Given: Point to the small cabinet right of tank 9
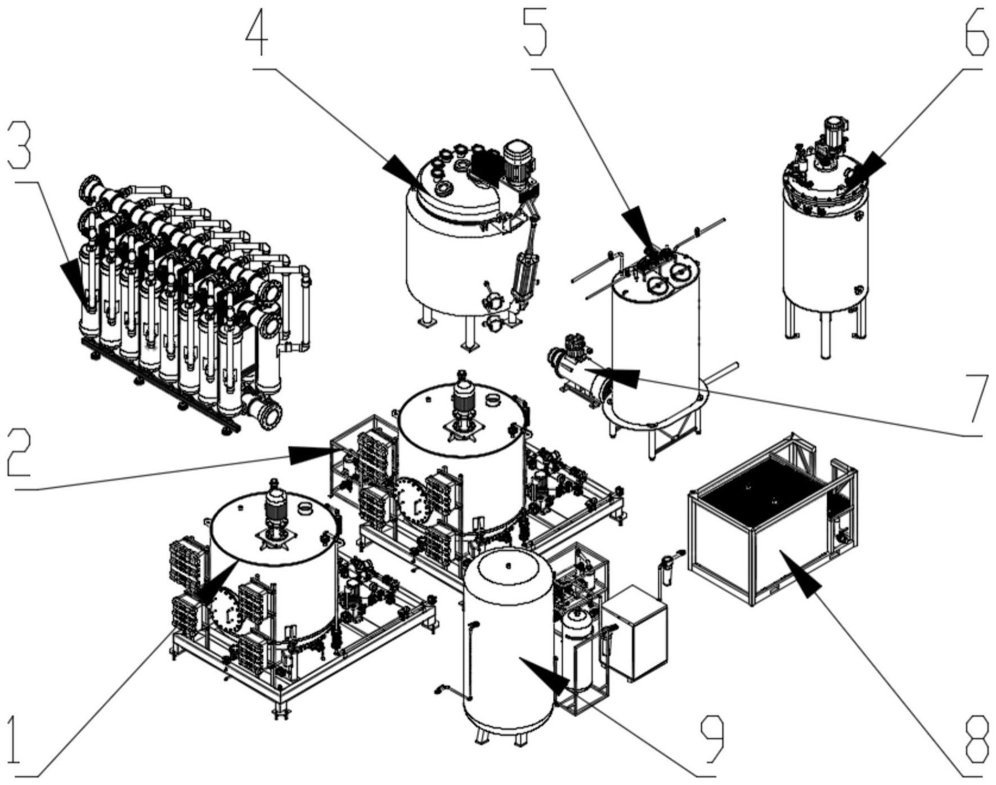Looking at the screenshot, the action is coord(635,633).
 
